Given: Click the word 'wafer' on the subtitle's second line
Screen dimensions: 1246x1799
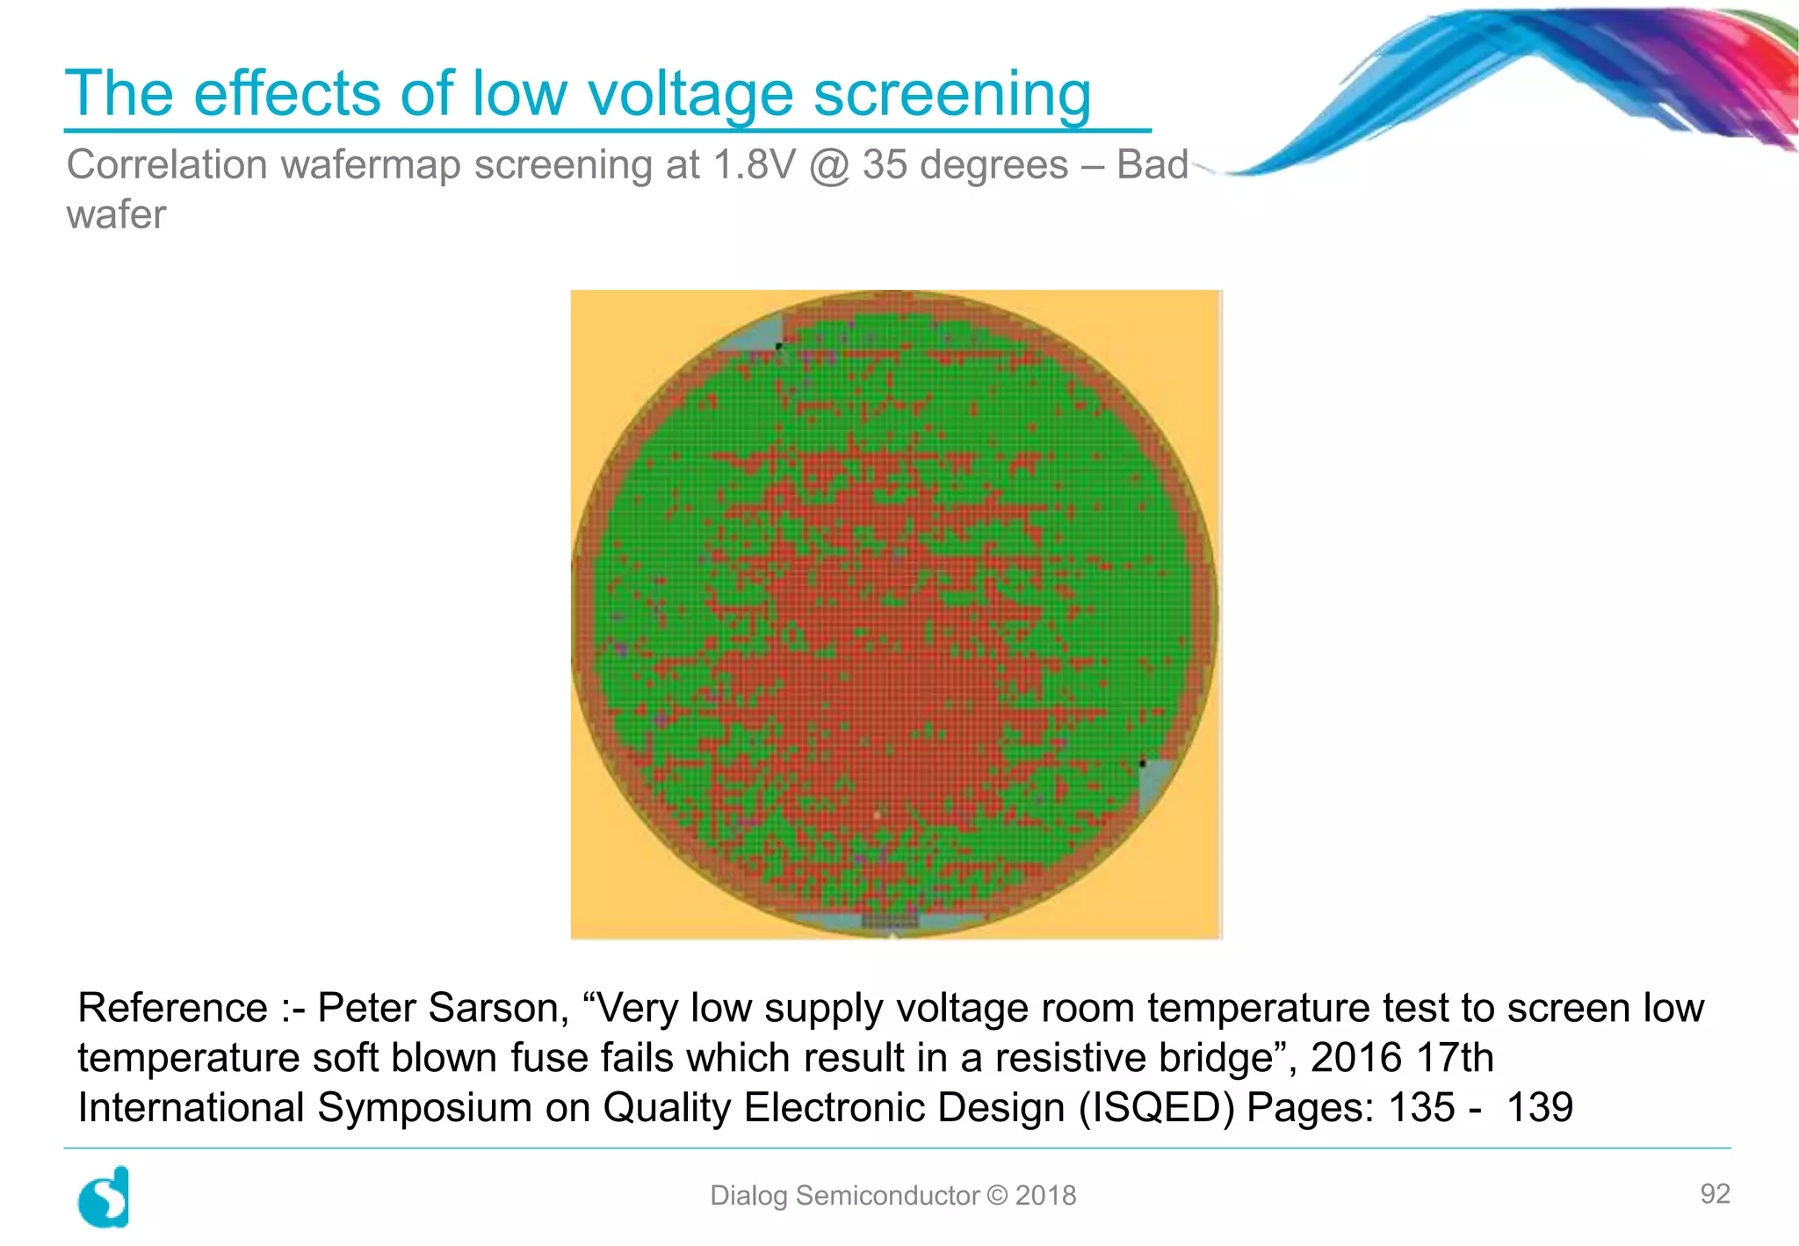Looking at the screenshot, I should coord(116,215).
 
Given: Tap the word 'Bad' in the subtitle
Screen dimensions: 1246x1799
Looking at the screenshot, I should coord(1152,165).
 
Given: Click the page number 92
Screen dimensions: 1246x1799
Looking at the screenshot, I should coord(1715,1193).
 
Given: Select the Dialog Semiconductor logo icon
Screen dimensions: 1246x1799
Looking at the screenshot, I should coord(104,1197).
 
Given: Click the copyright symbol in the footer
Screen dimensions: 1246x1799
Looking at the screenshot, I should coord(997,1196).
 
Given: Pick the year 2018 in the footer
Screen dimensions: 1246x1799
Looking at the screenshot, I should coord(1045,1196).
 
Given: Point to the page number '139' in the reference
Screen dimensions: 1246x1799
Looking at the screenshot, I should coord(1539,1108).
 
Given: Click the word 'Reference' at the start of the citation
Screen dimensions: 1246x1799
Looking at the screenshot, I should coord(173,1008).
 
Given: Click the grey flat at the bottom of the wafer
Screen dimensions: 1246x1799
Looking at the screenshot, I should coord(889,921).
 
